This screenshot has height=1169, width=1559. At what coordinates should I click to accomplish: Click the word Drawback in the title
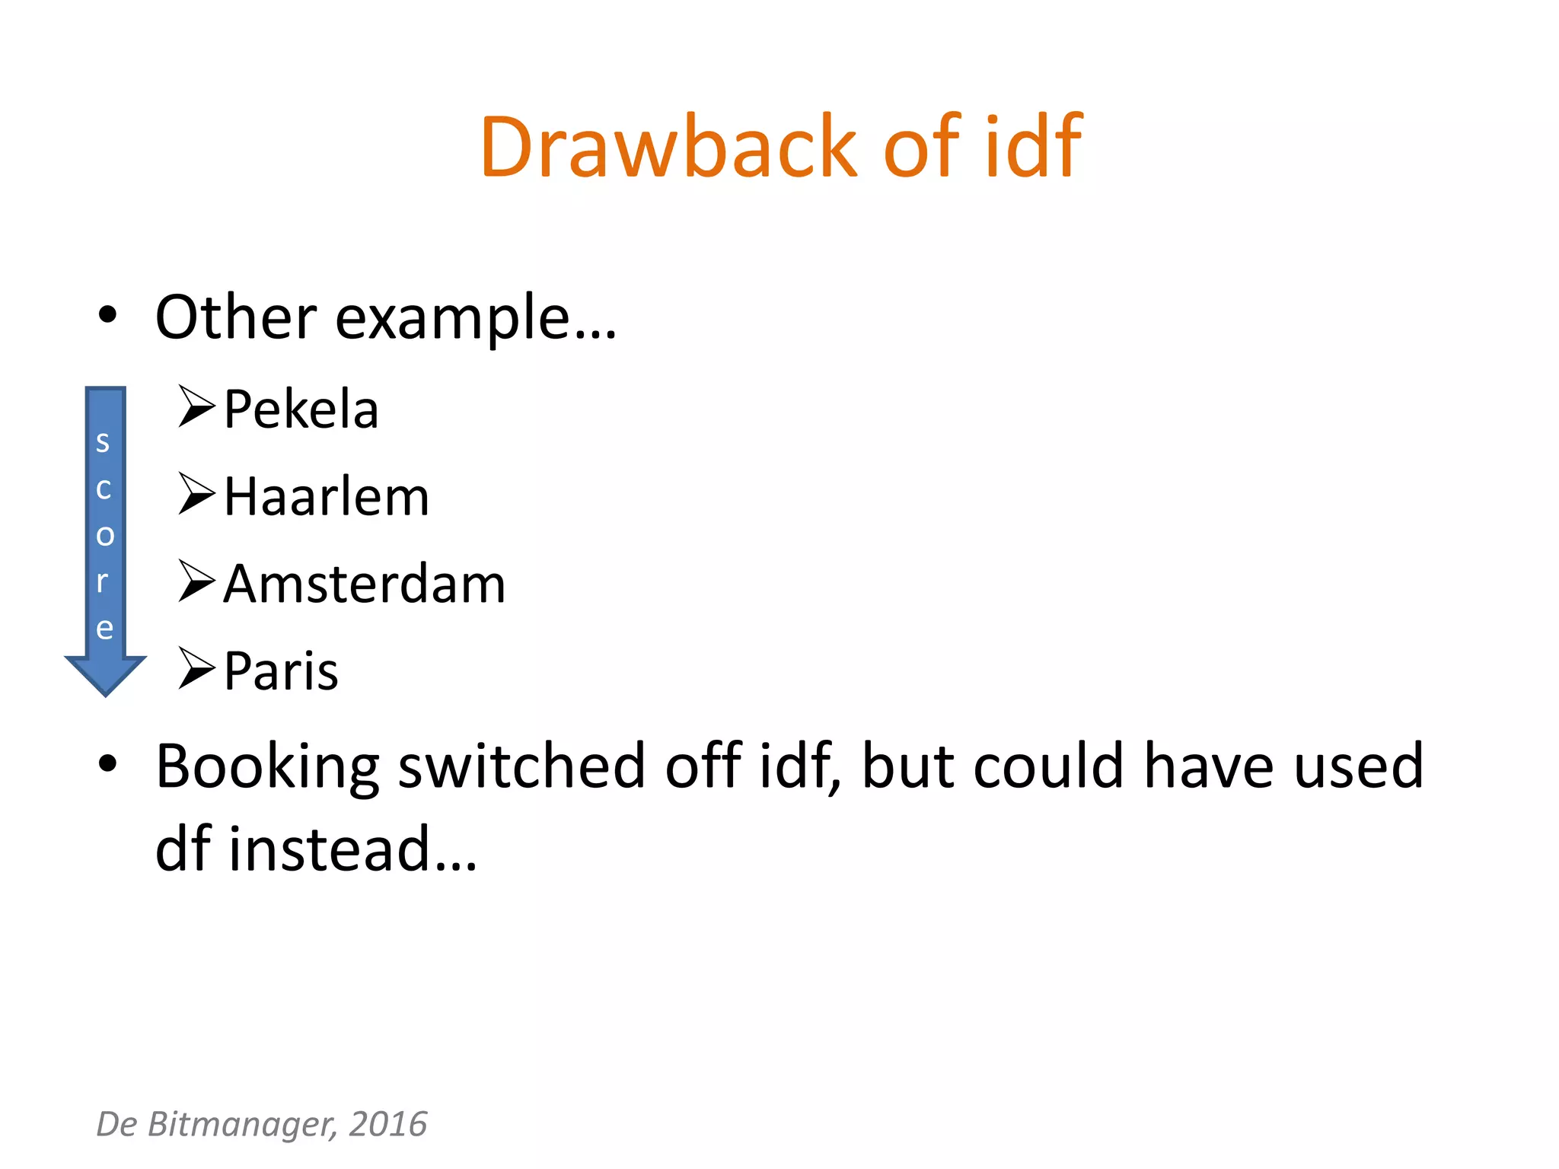[x=669, y=146]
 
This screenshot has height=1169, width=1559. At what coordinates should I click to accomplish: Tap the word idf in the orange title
[x=1033, y=146]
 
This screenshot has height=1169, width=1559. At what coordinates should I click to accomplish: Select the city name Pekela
[x=301, y=409]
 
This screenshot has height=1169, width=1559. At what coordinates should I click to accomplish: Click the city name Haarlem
[x=327, y=497]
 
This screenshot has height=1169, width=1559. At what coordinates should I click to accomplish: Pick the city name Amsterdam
[x=365, y=584]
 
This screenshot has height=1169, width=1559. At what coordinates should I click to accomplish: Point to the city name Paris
[x=281, y=671]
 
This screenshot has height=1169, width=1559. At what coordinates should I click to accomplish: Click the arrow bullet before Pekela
[x=196, y=406]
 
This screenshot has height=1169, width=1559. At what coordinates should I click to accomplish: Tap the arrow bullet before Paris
[x=196, y=668]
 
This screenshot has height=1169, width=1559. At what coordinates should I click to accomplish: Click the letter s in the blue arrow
[x=104, y=441]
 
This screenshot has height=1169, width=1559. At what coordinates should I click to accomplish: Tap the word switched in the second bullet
[x=522, y=766]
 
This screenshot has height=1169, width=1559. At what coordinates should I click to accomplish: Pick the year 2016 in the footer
[x=388, y=1124]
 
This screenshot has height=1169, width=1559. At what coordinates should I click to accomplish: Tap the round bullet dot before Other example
[x=107, y=314]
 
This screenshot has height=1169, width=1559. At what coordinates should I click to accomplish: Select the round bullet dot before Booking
[x=107, y=763]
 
